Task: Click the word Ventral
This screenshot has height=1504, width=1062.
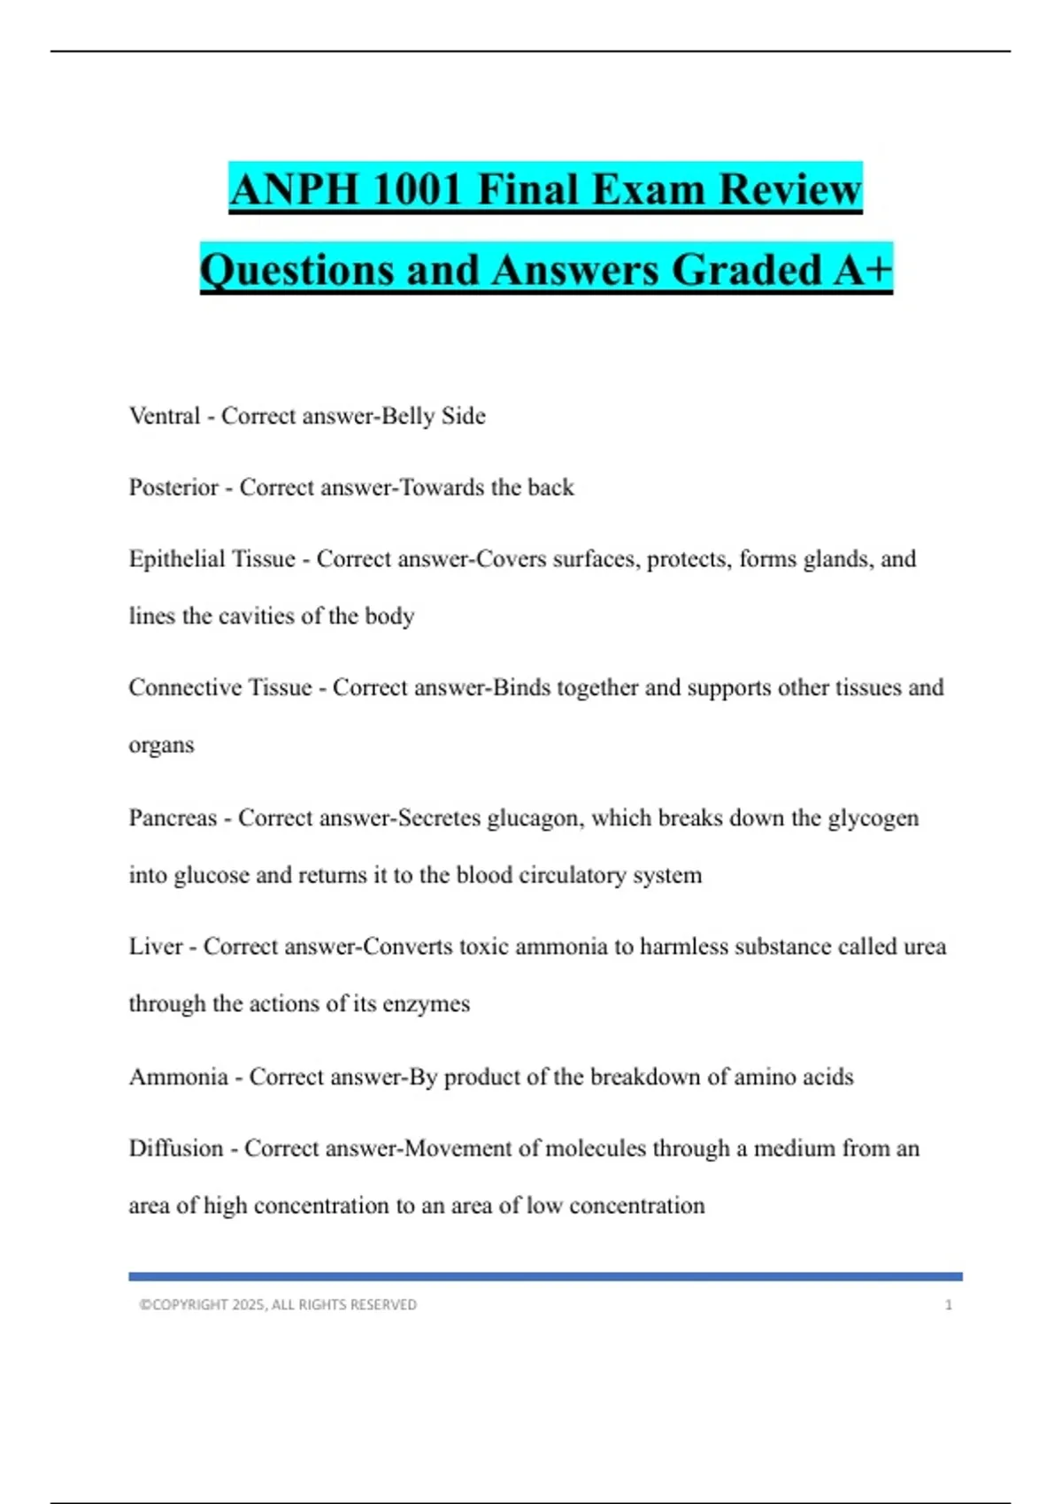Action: click(x=165, y=416)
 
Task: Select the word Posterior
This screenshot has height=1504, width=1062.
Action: click(x=173, y=487)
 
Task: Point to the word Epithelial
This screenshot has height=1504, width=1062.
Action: click(x=175, y=559)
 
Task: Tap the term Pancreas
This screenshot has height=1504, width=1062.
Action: click(x=173, y=817)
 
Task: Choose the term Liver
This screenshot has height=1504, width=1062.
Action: click(x=156, y=947)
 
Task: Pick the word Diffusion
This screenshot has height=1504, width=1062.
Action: click(x=176, y=1148)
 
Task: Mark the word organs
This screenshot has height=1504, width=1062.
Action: click(x=161, y=746)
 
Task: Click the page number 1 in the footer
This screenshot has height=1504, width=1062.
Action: click(x=948, y=1305)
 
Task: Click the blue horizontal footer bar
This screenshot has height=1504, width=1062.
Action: click(x=545, y=1277)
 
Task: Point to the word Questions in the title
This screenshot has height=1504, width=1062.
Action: click(x=296, y=270)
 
